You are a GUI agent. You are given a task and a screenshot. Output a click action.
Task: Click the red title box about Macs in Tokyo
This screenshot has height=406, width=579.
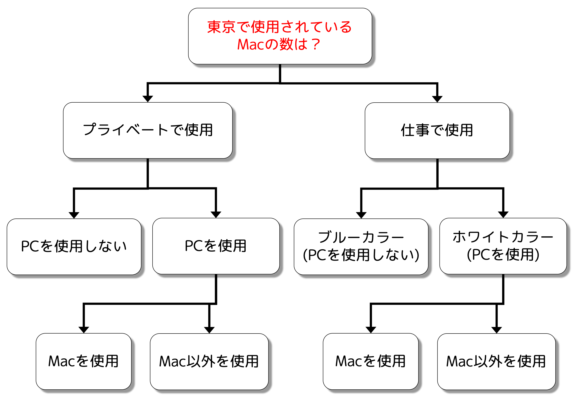point(280,36)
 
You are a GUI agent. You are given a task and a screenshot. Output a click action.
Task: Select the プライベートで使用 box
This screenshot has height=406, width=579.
point(148,130)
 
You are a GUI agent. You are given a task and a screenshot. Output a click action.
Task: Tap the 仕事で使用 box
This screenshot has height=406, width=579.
point(437,130)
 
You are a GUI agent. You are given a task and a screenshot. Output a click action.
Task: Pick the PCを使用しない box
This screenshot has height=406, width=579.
point(74,246)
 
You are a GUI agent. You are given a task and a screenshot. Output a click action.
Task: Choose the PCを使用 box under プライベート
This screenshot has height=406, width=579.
point(216,246)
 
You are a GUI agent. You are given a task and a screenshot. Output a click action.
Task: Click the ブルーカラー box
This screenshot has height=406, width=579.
point(361,246)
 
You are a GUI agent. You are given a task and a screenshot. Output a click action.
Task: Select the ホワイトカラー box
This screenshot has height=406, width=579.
point(503,246)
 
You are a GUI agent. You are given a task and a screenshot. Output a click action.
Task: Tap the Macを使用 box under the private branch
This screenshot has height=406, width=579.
point(83,361)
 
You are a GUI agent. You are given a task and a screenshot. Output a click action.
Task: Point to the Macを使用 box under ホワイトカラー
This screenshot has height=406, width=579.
point(370,361)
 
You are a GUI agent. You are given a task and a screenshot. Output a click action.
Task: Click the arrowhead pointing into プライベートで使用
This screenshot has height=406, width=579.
point(148,99)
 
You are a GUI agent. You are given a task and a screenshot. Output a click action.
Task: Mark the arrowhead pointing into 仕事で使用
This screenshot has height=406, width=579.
point(437,99)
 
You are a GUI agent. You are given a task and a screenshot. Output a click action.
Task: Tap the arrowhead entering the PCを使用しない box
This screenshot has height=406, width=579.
point(74,215)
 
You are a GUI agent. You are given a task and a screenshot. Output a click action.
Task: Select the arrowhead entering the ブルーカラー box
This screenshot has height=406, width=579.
point(361,215)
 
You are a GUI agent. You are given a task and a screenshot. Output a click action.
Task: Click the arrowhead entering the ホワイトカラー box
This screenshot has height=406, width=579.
point(503,214)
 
